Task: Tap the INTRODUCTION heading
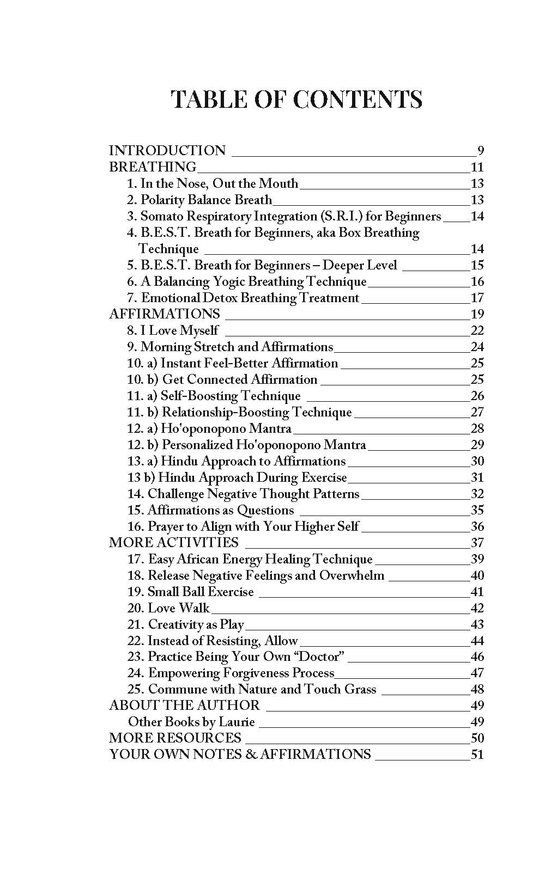point(167,151)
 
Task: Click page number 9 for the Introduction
point(480,151)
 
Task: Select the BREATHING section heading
point(153,167)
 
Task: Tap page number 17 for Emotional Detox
point(477,298)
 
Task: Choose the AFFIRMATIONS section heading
point(165,314)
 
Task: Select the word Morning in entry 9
point(166,347)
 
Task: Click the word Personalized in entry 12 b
point(197,445)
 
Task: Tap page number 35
point(477,510)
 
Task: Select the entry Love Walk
point(179,608)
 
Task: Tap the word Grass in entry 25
point(360,689)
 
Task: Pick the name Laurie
point(237,722)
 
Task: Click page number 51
point(477,755)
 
